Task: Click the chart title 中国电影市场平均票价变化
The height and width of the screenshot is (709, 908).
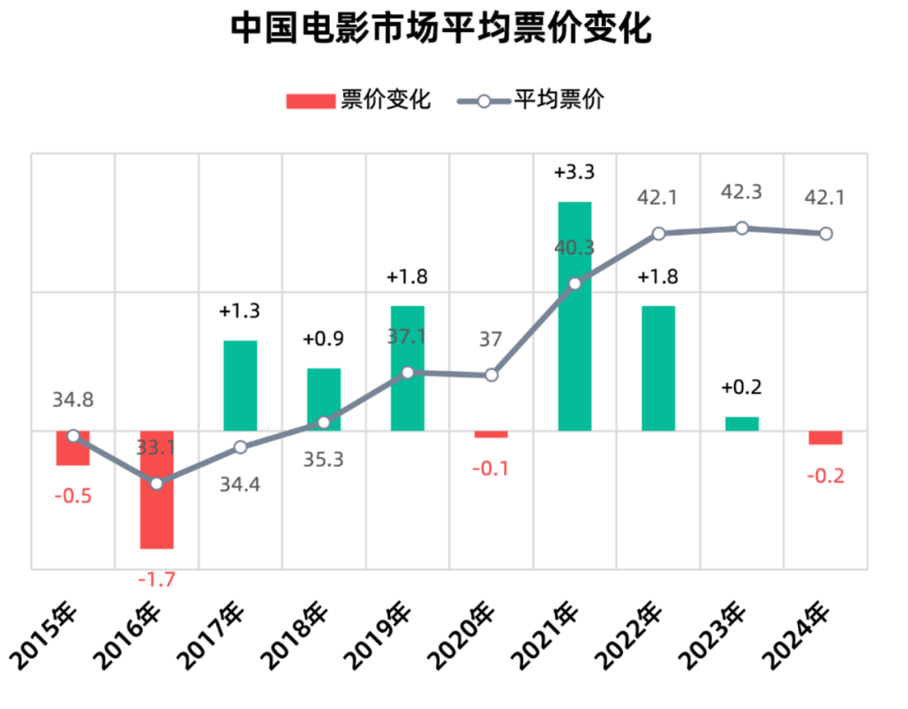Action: tap(441, 29)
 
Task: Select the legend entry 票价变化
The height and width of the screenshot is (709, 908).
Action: tap(359, 100)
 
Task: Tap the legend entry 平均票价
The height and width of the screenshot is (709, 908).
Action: tap(531, 100)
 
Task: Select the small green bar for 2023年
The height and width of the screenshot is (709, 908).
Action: tap(742, 424)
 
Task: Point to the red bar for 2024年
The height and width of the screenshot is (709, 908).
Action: tap(826, 437)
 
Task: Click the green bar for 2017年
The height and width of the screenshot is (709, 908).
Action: tap(240, 385)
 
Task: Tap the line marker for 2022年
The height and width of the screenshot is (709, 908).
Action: tap(659, 233)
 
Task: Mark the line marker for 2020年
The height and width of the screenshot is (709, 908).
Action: tap(492, 375)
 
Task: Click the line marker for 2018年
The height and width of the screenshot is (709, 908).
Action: tap(325, 422)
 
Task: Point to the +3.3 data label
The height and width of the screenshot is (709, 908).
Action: tap(575, 172)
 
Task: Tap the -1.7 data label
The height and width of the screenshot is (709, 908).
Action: tap(156, 579)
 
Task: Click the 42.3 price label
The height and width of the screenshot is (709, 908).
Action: tap(742, 192)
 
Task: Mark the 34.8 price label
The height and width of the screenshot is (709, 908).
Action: tap(73, 400)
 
